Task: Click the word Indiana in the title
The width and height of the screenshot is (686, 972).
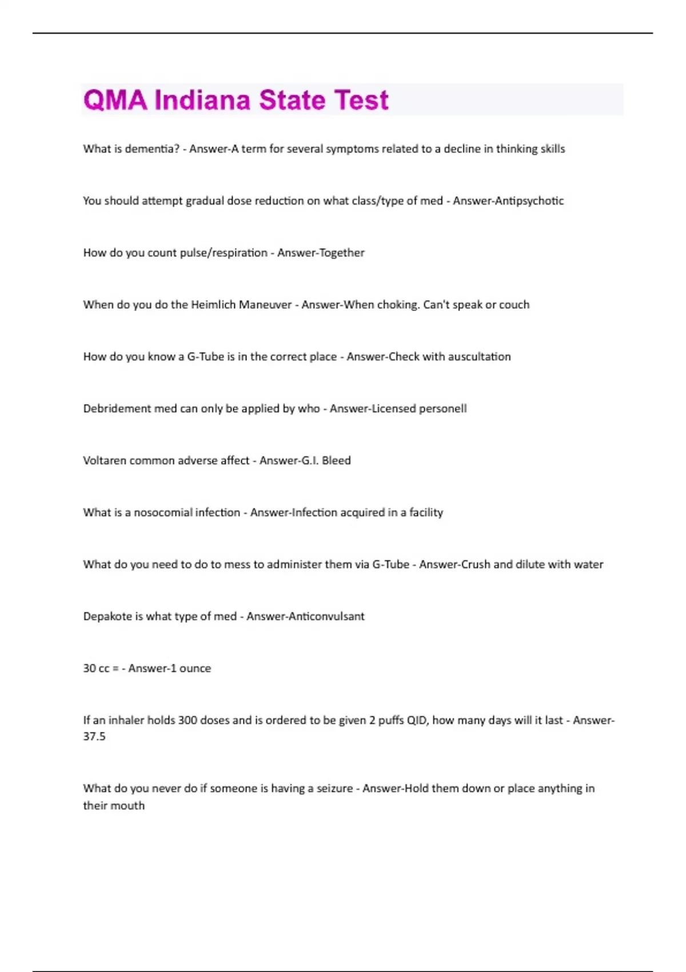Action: pos(202,100)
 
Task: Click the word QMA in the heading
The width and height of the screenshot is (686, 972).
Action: pos(115,100)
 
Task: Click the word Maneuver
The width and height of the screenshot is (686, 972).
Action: pos(265,305)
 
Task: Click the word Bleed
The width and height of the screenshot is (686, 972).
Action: pos(336,461)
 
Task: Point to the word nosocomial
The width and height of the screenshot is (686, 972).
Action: pos(187,513)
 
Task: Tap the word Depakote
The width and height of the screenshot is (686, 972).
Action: pos(107,616)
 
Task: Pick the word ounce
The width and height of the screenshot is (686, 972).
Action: pos(195,668)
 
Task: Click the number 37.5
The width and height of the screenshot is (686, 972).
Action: pos(94,736)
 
